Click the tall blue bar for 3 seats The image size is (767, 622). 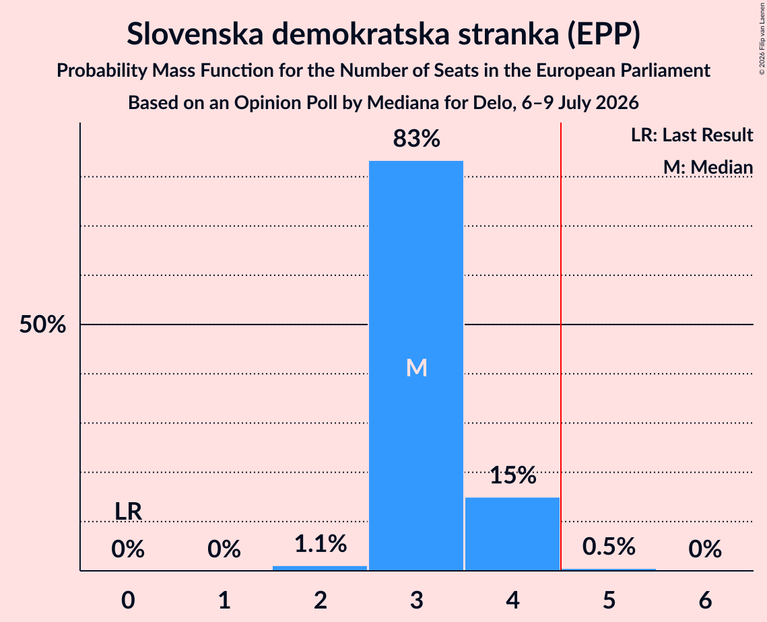(415, 366)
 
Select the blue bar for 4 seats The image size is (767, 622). (512, 534)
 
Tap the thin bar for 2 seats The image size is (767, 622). (320, 567)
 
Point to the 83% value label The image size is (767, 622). (416, 139)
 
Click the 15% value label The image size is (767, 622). (512, 475)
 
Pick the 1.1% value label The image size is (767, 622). (321, 544)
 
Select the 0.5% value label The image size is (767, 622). (609, 546)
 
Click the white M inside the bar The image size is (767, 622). (416, 368)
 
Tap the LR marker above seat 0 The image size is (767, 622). (128, 512)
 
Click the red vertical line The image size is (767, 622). (560, 346)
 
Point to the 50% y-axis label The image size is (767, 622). (42, 324)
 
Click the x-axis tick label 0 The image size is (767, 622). (128, 600)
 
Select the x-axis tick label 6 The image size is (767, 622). (705, 600)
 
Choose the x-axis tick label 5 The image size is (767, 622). (609, 600)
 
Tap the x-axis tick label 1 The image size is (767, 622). (224, 600)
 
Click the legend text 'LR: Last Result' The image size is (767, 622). (692, 135)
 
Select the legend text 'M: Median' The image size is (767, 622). (708, 167)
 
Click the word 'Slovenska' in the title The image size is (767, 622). (195, 34)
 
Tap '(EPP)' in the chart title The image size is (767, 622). (603, 34)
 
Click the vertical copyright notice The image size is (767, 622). (762, 38)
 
